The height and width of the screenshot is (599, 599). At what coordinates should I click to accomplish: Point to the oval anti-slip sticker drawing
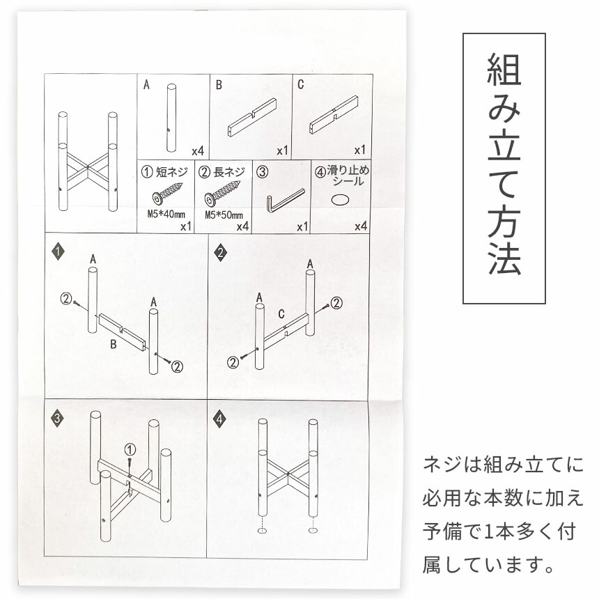(x=339, y=200)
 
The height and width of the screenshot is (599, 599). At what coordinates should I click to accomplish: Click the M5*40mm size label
(x=166, y=214)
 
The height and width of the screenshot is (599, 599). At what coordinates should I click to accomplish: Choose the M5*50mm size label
(x=224, y=215)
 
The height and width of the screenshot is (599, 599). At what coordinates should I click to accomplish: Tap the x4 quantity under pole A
(x=198, y=151)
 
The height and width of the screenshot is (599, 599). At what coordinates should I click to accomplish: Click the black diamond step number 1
(x=58, y=251)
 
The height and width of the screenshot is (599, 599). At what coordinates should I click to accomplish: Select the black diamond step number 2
(x=221, y=253)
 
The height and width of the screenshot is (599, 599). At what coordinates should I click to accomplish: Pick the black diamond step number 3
(x=57, y=418)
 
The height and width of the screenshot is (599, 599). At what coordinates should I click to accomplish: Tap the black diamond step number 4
(x=219, y=419)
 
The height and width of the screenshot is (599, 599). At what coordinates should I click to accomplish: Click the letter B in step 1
(x=113, y=344)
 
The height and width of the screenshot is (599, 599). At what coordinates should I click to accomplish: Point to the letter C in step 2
(x=281, y=314)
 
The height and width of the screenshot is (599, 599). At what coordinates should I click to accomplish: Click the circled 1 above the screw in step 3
(x=130, y=449)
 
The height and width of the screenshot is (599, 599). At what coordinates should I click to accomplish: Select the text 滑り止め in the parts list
(x=348, y=171)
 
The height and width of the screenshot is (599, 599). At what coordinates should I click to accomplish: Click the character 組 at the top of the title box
(x=504, y=69)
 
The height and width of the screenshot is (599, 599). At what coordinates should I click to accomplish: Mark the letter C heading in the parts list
(x=301, y=84)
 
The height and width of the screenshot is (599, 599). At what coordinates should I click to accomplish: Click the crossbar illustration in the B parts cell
(x=252, y=117)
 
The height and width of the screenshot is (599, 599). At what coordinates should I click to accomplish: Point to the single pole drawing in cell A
(x=171, y=118)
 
